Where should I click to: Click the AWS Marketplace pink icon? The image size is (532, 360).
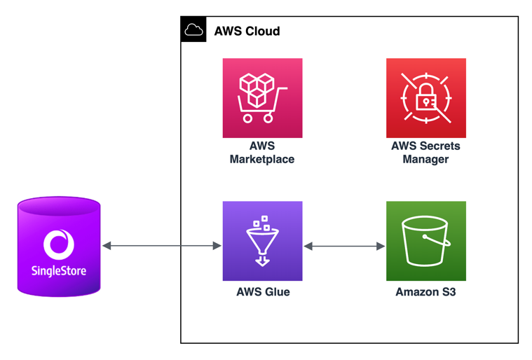262,98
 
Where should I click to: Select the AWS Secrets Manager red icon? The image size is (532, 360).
425,98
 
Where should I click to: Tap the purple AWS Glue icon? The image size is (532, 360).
262,241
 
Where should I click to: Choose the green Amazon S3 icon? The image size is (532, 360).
425,241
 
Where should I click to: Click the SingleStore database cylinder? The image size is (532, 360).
59,247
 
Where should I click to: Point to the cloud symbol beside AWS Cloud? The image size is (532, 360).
193,30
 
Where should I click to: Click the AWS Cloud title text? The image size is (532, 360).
247,32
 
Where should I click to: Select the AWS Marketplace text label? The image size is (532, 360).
262,153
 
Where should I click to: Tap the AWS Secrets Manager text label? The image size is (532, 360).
425,153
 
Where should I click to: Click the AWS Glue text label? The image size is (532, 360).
263,292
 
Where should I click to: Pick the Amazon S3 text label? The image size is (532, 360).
425,292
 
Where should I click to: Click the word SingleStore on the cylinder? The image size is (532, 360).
59,270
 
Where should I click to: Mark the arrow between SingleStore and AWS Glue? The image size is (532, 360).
162,246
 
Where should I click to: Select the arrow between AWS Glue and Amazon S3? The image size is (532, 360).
344,246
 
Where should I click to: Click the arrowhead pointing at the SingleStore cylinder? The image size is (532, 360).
107,246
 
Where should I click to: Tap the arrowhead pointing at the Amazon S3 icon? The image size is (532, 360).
381,246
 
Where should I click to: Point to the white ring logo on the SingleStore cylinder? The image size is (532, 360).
59,244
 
